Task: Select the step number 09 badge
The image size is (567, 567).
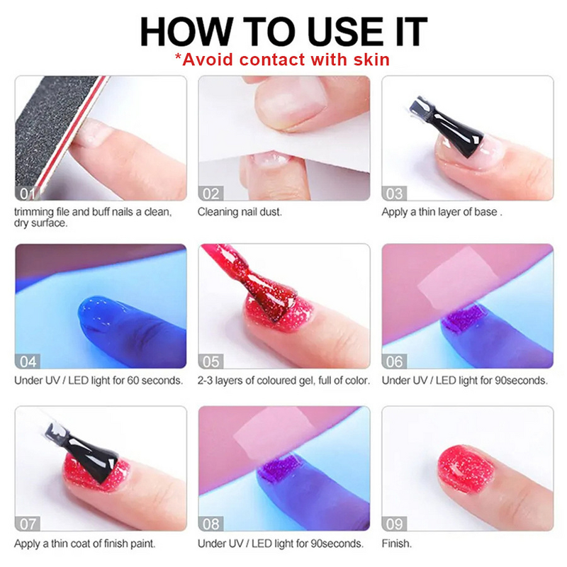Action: tap(395, 524)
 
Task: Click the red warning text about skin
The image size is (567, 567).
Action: tap(283, 59)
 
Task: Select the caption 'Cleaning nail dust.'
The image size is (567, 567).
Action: tap(239, 211)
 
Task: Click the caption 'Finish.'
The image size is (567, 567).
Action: tap(396, 544)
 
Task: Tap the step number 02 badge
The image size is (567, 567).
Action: tap(212, 193)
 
